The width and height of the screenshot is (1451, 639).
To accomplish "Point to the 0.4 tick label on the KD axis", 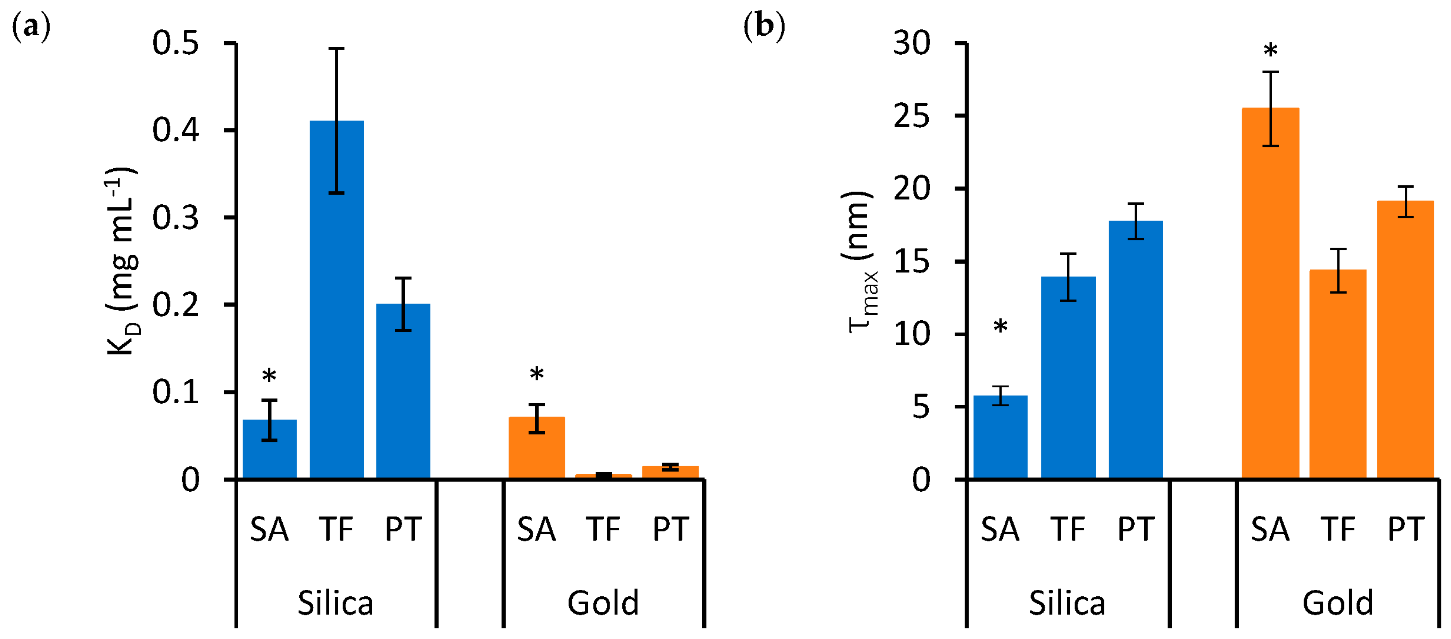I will pyautogui.click(x=176, y=130).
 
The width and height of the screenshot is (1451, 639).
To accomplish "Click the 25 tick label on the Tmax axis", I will pyautogui.click(x=911, y=116).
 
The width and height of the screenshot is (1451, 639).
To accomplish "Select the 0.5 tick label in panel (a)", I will pyautogui.click(x=176, y=43).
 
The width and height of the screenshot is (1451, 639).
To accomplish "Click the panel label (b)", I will pyautogui.click(x=764, y=26).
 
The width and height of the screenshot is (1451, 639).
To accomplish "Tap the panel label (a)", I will pyautogui.click(x=31, y=26).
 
